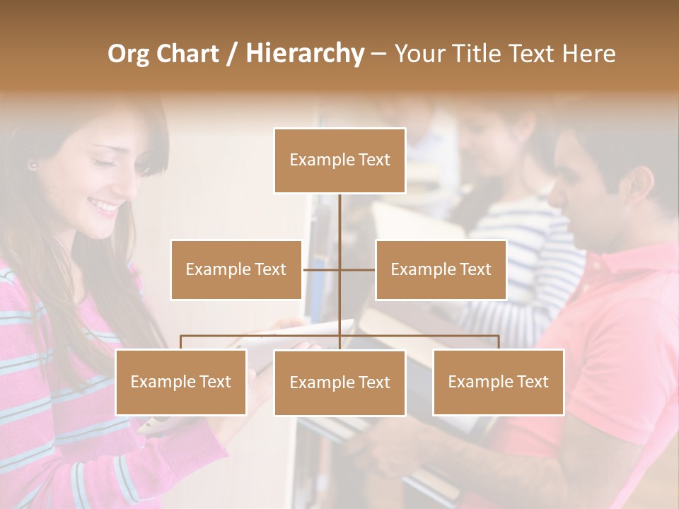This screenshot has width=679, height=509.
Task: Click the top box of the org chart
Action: tap(339, 160)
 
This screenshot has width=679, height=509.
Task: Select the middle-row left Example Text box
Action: tap(236, 269)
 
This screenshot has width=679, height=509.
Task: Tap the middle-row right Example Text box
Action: tap(441, 269)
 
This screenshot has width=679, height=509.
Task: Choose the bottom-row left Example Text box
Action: tap(181, 382)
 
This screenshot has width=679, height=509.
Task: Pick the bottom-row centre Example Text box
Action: tap(339, 382)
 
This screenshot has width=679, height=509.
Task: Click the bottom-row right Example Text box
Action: tap(499, 382)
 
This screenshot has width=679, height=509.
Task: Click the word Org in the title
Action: tap(128, 54)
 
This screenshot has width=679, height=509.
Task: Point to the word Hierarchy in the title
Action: tap(304, 54)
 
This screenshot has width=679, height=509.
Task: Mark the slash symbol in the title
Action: tap(231, 54)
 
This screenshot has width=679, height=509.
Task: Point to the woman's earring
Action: tap(33, 166)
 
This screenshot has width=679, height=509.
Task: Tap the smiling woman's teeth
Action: tap(108, 207)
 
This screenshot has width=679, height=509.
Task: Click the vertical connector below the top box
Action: tap(339, 219)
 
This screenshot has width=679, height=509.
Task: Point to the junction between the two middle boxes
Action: tap(339, 269)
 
